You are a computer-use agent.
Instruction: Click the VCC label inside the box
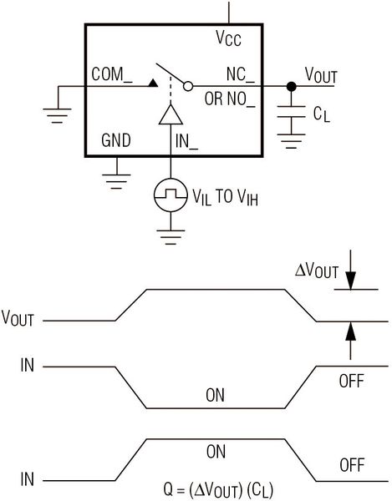click(228, 38)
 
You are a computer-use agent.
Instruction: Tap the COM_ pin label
click(112, 74)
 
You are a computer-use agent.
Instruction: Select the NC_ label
click(241, 75)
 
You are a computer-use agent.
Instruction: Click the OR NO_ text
click(230, 99)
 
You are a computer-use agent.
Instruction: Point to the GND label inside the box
click(116, 140)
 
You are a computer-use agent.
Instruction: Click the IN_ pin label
click(186, 141)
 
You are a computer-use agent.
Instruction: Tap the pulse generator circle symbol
click(171, 195)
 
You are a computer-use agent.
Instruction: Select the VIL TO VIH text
click(225, 197)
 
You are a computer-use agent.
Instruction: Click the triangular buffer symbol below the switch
click(171, 114)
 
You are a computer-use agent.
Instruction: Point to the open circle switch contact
click(188, 86)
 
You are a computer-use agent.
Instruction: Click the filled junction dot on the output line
click(291, 86)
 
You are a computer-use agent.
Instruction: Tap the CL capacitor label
click(321, 114)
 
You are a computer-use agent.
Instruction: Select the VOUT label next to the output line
click(321, 75)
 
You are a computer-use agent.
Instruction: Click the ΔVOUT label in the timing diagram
click(316, 271)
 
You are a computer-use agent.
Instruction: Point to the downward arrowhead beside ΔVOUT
click(350, 281)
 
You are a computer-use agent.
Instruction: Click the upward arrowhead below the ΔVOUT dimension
click(350, 331)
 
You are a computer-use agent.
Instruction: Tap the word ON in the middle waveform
click(215, 395)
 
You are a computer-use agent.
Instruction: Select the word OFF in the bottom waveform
click(352, 465)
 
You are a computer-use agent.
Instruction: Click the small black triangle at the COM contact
click(153, 83)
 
